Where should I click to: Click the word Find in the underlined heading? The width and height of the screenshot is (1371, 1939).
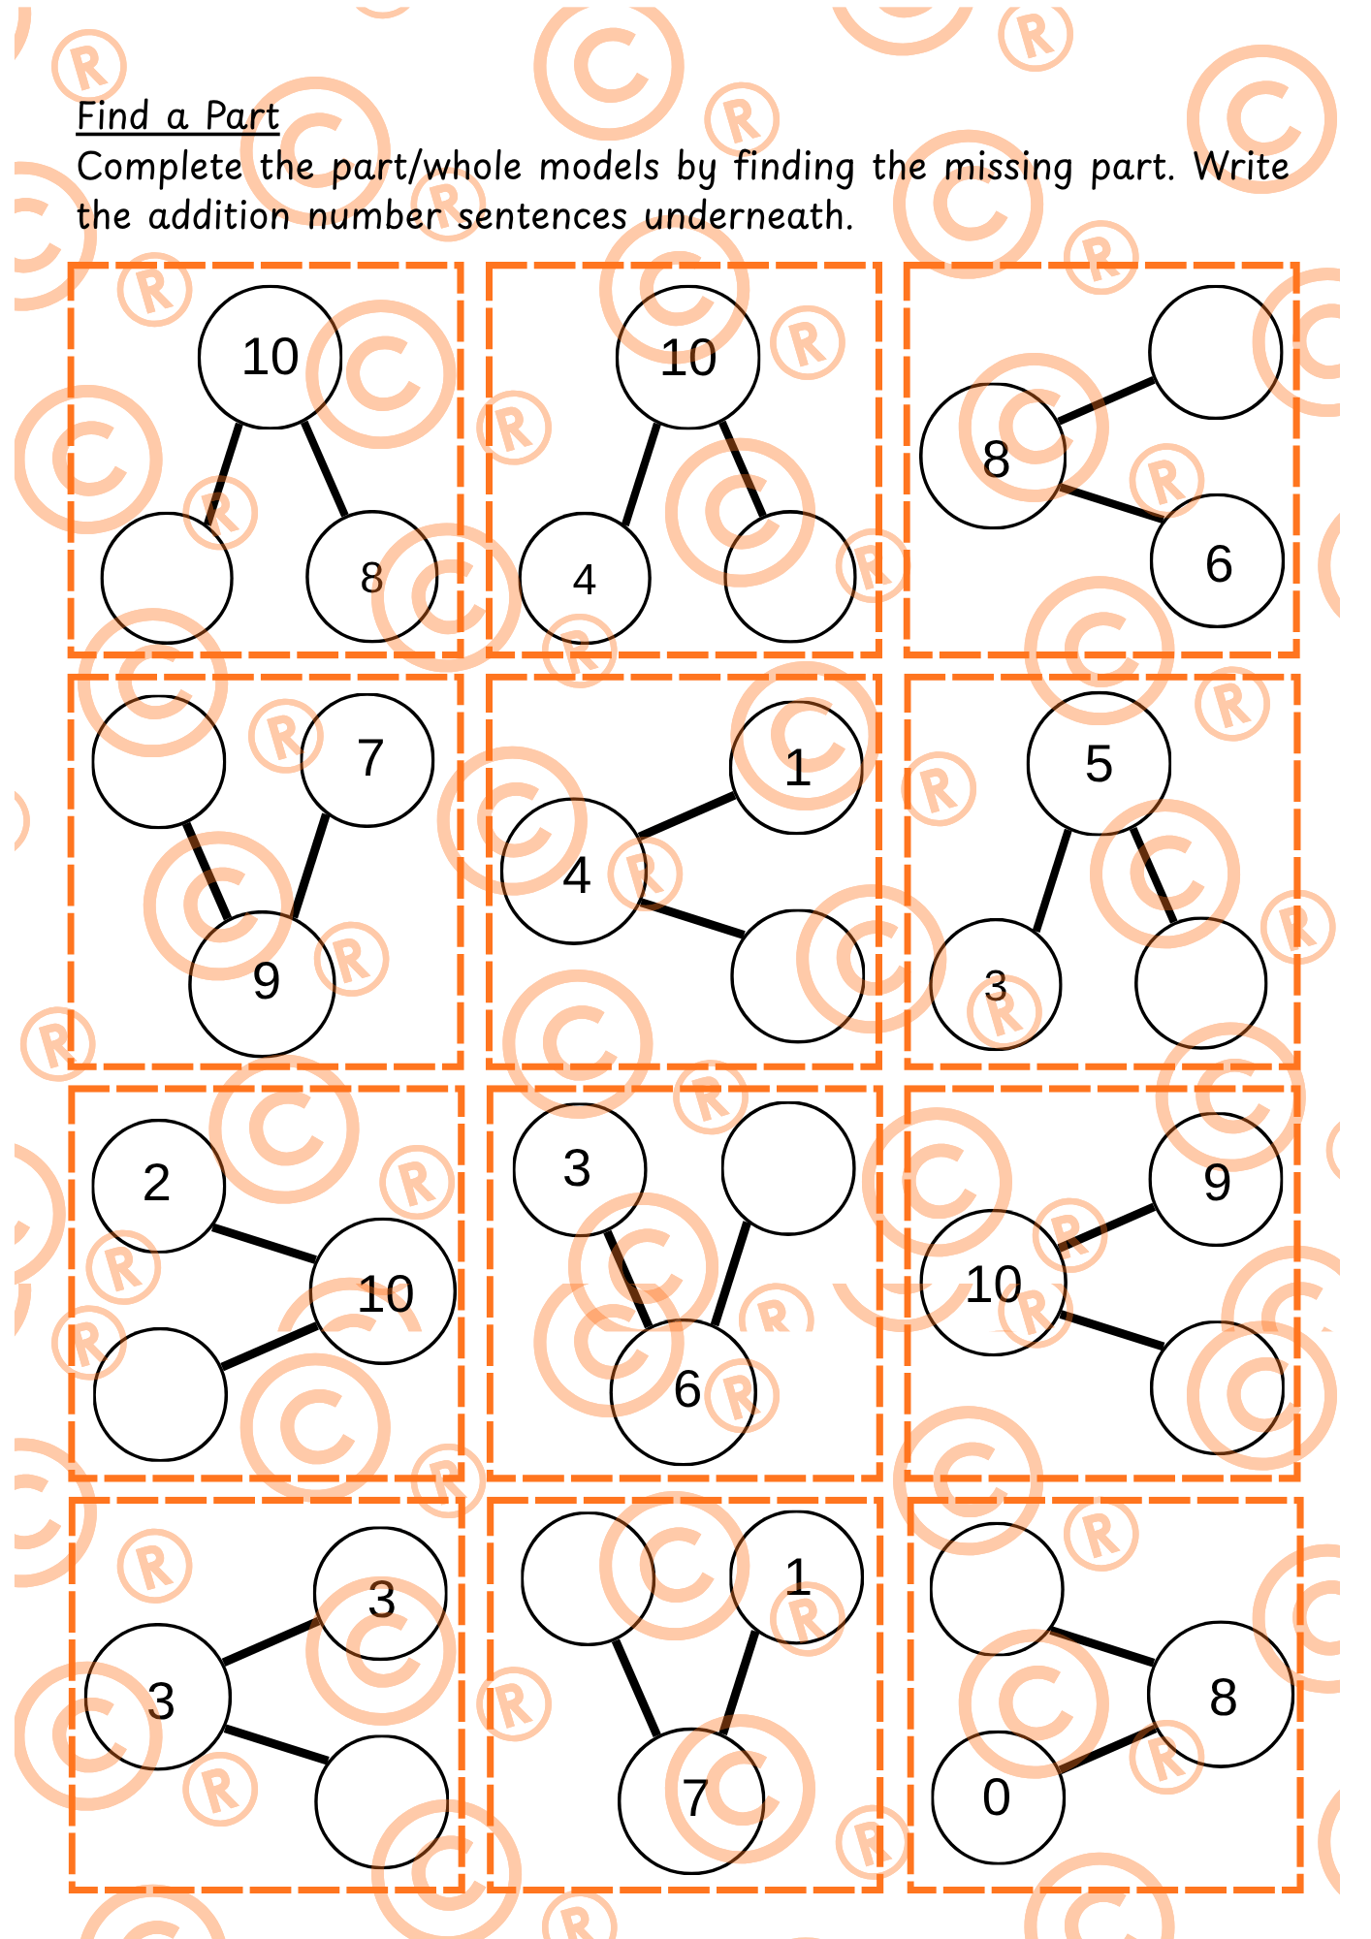113,116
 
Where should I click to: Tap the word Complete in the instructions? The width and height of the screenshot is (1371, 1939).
159,167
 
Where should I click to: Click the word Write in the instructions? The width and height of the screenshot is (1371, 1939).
1241,166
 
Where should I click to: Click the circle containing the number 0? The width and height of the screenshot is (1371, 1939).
998,1796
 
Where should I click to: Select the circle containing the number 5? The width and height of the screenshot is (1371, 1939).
1099,763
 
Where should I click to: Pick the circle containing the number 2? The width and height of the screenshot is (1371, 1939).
158,1186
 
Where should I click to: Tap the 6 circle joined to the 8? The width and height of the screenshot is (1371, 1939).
1218,561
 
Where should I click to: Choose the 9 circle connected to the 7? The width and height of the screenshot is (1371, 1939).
262,983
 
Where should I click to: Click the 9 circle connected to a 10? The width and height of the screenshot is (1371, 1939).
1216,1179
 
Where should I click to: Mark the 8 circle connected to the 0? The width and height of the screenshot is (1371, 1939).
1221,1695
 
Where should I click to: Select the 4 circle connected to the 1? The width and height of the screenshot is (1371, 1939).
574,871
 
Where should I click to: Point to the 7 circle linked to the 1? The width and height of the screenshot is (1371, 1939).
691,1801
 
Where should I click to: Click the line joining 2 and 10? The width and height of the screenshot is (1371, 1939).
264,1244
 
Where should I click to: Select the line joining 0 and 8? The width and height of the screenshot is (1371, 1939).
1105,1749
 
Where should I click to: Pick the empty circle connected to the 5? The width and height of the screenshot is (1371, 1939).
1201,983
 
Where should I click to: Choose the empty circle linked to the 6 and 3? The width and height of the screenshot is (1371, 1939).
788,1168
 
